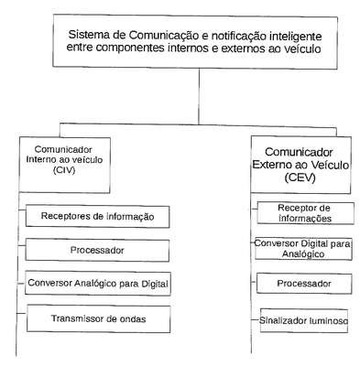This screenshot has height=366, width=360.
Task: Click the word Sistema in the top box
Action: click(89, 35)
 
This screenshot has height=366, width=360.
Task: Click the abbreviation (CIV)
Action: click(64, 170)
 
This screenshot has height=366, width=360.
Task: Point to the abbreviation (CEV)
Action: click(300, 178)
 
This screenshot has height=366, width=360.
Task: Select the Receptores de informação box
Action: click(97, 217)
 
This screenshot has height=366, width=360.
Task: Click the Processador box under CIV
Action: click(97, 250)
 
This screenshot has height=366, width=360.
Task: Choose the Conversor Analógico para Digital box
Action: click(98, 284)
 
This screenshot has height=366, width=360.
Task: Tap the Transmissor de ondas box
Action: click(98, 318)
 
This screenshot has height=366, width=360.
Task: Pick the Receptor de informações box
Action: click(305, 213)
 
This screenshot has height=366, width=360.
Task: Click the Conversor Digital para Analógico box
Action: click(303, 249)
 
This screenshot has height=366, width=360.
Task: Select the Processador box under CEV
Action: click(304, 284)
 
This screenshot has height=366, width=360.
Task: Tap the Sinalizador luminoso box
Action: click(304, 320)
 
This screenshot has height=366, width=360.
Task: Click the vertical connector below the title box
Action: click(199, 96)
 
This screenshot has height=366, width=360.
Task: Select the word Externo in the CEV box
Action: click(272, 165)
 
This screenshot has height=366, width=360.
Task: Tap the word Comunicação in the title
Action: click(164, 36)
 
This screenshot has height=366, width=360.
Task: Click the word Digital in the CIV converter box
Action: click(155, 284)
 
